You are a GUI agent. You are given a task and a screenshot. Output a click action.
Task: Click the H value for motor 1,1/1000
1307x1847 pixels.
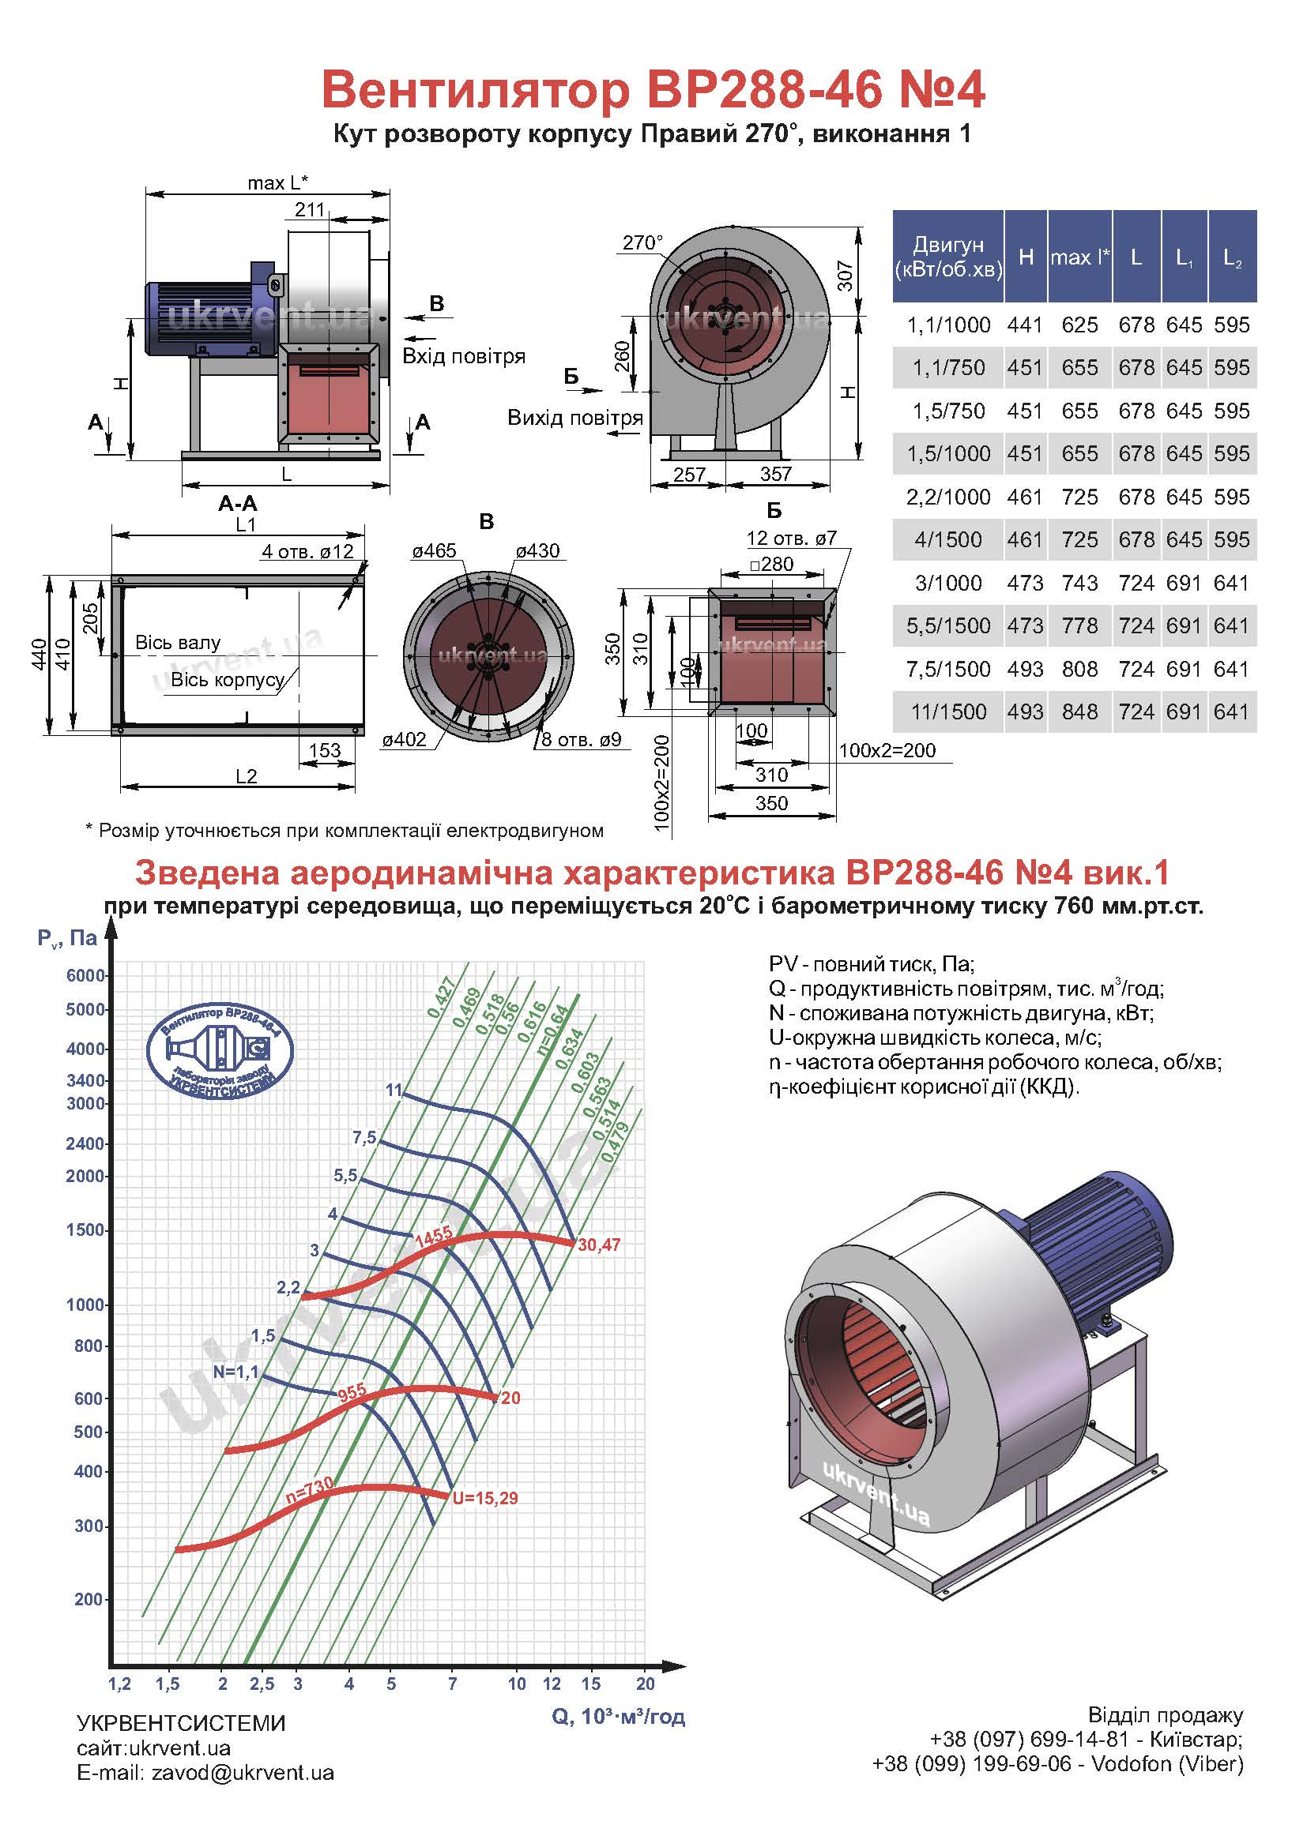pyautogui.click(x=1025, y=325)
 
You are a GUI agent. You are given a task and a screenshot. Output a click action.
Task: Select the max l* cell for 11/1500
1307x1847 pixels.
pyautogui.click(x=1079, y=712)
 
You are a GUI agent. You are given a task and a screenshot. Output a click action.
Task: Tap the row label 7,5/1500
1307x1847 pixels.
pyautogui.click(x=948, y=670)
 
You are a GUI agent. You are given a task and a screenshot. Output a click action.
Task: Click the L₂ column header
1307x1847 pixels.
pyautogui.click(x=1232, y=257)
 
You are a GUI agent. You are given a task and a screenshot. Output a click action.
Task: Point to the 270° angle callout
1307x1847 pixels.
pyautogui.click(x=642, y=243)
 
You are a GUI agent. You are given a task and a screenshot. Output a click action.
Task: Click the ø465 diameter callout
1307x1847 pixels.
pyautogui.click(x=434, y=551)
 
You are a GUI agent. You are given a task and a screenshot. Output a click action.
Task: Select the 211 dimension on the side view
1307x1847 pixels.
pyautogui.click(x=310, y=210)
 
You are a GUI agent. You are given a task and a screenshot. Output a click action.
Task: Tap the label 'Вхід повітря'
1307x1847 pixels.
pyautogui.click(x=464, y=356)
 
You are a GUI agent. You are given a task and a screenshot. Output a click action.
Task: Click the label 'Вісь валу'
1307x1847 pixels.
pyautogui.click(x=178, y=643)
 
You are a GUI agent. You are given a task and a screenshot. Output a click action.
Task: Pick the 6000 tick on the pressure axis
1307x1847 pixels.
pyautogui.click(x=85, y=976)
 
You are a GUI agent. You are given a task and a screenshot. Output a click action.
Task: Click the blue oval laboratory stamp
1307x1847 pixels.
pyautogui.click(x=220, y=1048)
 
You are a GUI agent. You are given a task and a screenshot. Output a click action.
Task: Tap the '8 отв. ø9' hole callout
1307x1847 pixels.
pyautogui.click(x=581, y=739)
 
